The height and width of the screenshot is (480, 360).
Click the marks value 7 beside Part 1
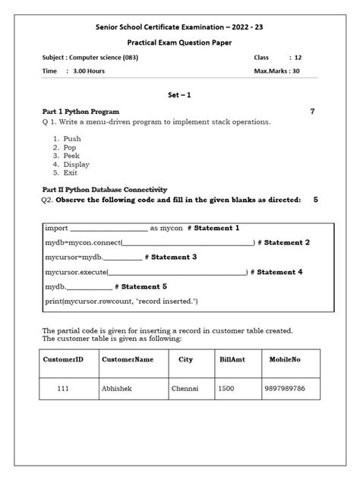pyautogui.click(x=312, y=112)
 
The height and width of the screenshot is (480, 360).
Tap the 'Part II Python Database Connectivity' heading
pyautogui.click(x=103, y=189)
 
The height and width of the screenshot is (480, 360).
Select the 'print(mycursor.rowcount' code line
pyautogui.click(x=121, y=302)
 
